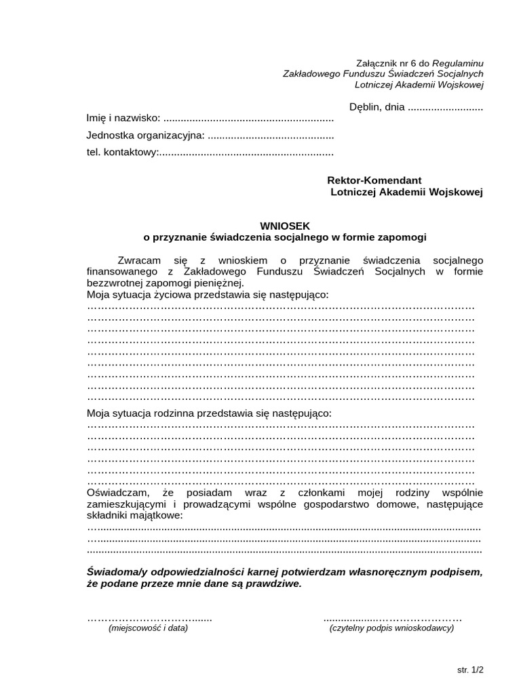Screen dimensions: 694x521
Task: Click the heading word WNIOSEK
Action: click(285, 226)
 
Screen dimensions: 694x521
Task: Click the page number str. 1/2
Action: click(470, 670)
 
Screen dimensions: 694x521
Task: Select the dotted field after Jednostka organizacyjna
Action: click(270, 136)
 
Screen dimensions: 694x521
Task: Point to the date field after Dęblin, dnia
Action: click(445, 106)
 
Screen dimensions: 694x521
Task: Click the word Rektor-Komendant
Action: click(374, 180)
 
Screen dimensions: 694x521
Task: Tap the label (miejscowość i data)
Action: click(148, 628)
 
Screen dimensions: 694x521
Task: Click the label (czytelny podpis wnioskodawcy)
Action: click(391, 628)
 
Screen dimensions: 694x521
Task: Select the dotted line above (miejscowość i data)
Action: click(149, 618)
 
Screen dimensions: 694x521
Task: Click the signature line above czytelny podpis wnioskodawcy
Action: click(392, 618)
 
